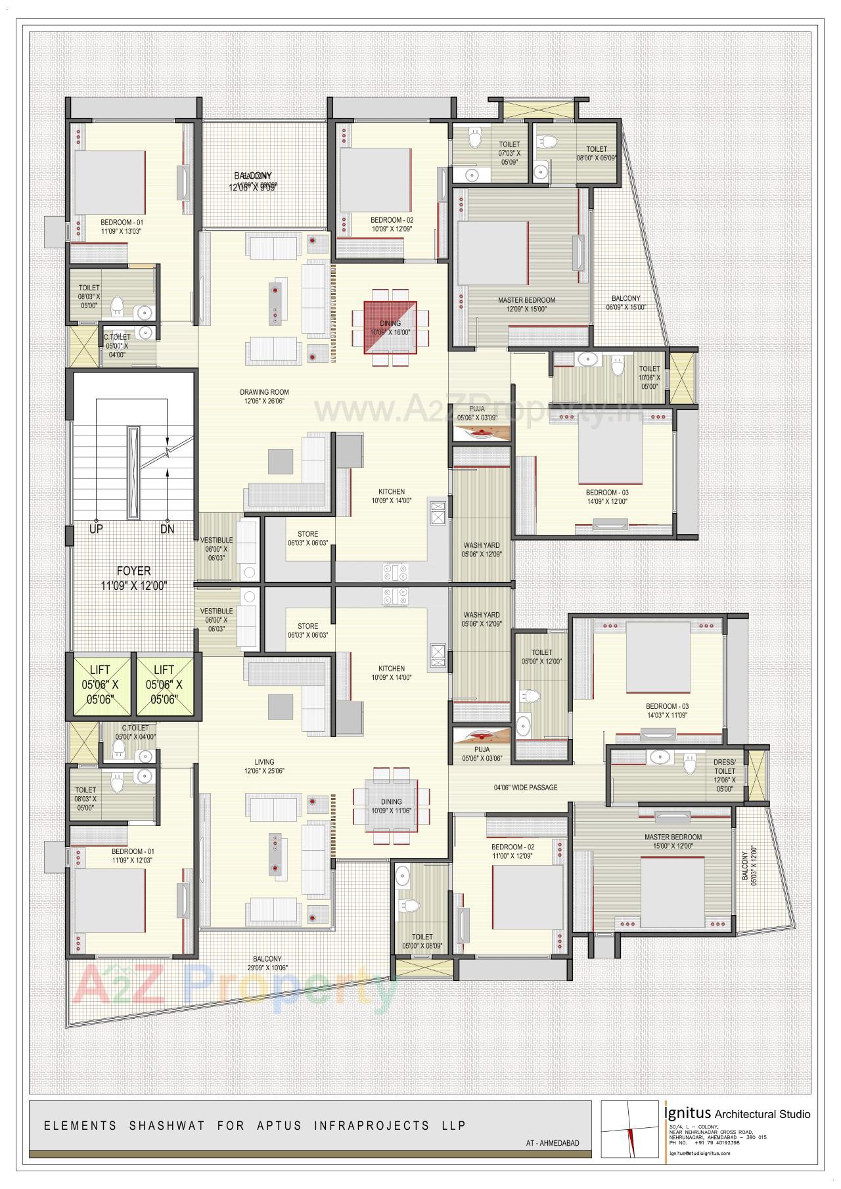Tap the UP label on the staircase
(96, 529)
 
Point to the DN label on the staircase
(168, 529)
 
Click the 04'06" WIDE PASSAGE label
(526, 787)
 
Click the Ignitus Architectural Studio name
(737, 1113)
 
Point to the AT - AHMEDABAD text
(553, 1143)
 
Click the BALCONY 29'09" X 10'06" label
(265, 963)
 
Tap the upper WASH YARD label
(482, 550)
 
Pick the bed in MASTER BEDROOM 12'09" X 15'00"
(493, 253)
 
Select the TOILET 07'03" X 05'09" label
(509, 153)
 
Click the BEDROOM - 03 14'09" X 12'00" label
(607, 497)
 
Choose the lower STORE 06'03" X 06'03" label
(307, 631)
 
